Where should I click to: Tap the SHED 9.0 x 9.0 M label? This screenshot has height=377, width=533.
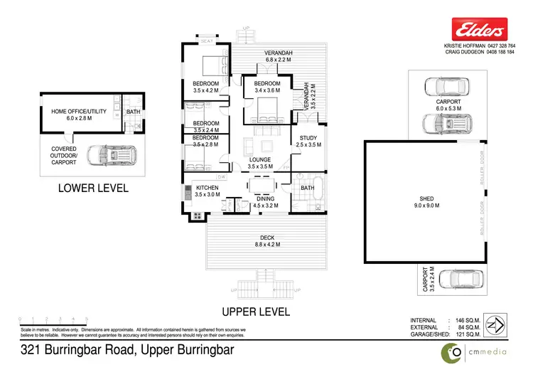pyautogui.click(x=427, y=201)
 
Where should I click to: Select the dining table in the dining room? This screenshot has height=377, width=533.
pyautogui.click(x=262, y=187)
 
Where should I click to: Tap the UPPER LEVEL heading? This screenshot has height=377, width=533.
pyautogui.click(x=256, y=312)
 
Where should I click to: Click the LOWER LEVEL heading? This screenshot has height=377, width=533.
pyautogui.click(x=94, y=188)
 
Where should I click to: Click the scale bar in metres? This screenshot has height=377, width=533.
pyautogui.click(x=53, y=321)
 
